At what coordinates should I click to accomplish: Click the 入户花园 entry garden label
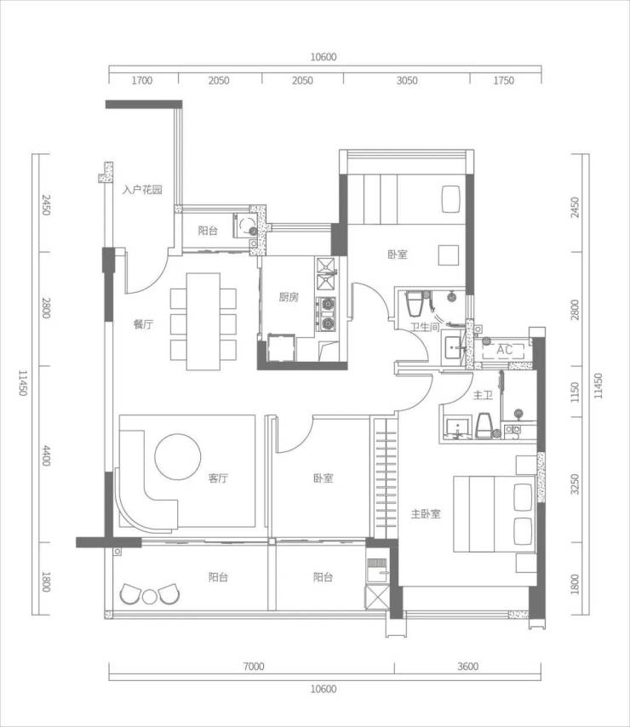tap(142, 190)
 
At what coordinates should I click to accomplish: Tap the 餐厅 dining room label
tap(143, 324)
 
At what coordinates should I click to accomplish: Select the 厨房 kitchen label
tap(289, 297)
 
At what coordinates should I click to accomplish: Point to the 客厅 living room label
tap(218, 478)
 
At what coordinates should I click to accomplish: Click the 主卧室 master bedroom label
tap(426, 513)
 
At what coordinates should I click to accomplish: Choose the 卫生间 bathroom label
tap(425, 328)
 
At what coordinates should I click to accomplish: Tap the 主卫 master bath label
tap(483, 396)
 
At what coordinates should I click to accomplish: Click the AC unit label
tap(504, 350)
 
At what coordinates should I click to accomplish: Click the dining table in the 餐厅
tap(203, 322)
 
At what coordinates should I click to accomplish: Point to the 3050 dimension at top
tap(407, 81)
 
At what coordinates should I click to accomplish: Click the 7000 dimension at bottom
tap(254, 667)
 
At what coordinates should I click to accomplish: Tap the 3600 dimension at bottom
tap(467, 667)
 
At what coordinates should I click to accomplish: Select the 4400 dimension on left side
tap(46, 455)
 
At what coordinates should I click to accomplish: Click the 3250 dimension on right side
tap(575, 484)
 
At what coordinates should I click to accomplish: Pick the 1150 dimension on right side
tap(575, 392)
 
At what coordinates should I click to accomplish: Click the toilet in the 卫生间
tap(414, 305)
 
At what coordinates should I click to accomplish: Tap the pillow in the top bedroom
tap(450, 199)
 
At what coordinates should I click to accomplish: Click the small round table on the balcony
tap(149, 597)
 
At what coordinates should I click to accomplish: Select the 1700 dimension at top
tap(142, 81)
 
